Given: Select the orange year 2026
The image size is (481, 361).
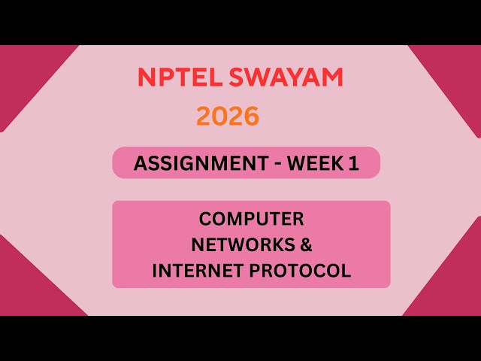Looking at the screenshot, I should click(228, 116).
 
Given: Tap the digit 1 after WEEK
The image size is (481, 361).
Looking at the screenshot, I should click(353, 163).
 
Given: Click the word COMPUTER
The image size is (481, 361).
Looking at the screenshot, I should click(251, 219).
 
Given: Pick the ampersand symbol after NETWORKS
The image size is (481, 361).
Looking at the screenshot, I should click(304, 245).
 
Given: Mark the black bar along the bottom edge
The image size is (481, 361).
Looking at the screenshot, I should click(240, 338).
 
